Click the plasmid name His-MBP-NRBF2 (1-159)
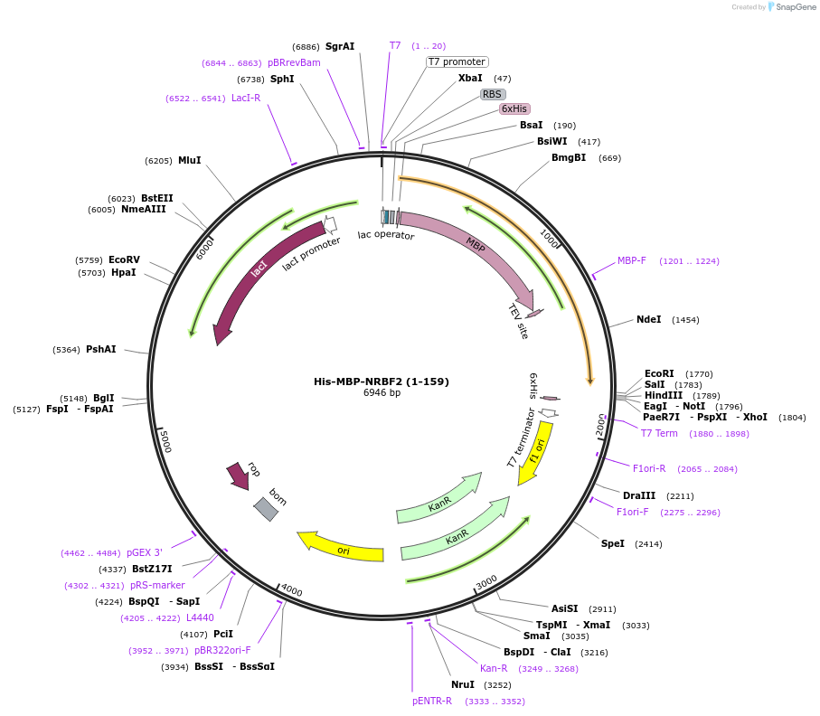(x=382, y=382)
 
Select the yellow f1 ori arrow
(x=537, y=450)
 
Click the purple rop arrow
(x=240, y=475)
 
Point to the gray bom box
(x=266, y=508)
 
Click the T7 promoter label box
(x=457, y=61)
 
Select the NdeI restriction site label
(x=648, y=319)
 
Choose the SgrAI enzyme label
(x=340, y=46)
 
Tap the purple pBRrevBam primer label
(x=294, y=62)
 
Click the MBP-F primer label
(x=632, y=260)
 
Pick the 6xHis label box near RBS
(x=514, y=108)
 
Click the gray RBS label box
(x=492, y=94)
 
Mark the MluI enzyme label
(x=189, y=160)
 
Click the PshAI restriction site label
(x=101, y=349)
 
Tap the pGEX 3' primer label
(x=145, y=552)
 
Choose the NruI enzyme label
(x=463, y=684)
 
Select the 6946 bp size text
(x=382, y=393)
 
